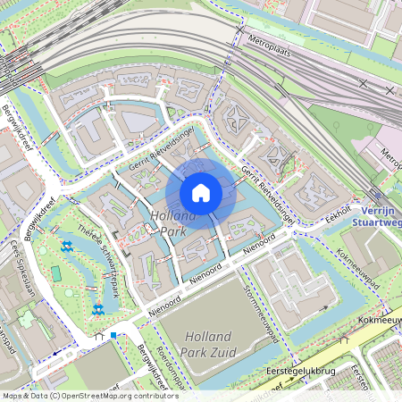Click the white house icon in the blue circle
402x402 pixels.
tap(201, 192)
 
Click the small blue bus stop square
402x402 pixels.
tap(113, 335)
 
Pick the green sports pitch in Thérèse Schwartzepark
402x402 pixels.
tap(55, 272)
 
